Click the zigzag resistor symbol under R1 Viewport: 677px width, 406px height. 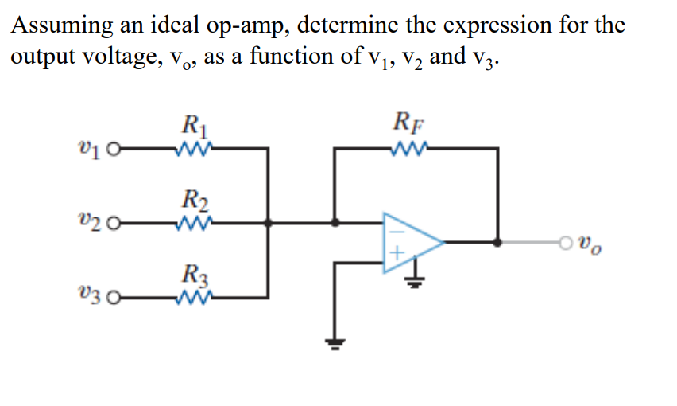tap(194, 148)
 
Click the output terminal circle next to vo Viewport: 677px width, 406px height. tap(567, 243)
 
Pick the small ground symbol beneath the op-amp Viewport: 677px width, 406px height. tap(414, 279)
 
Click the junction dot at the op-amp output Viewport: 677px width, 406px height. tap(498, 243)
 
